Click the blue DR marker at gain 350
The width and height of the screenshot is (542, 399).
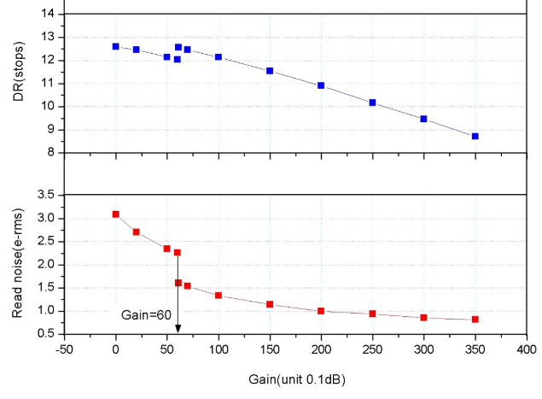[475, 136]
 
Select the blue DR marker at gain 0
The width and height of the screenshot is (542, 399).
[116, 46]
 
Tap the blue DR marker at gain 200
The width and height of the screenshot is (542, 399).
[321, 85]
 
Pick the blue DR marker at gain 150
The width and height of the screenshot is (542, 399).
[270, 71]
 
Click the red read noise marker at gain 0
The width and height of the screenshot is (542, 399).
[116, 214]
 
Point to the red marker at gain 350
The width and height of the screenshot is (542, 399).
[475, 320]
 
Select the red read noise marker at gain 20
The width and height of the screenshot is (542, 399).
[137, 232]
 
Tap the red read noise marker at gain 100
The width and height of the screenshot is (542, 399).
[219, 296]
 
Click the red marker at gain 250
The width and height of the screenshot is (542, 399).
[372, 314]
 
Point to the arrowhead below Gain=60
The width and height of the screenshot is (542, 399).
[178, 329]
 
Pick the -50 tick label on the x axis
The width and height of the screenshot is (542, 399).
[63, 349]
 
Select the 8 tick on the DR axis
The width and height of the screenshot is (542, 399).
[50, 153]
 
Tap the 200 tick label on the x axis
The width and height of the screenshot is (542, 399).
[321, 349]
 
